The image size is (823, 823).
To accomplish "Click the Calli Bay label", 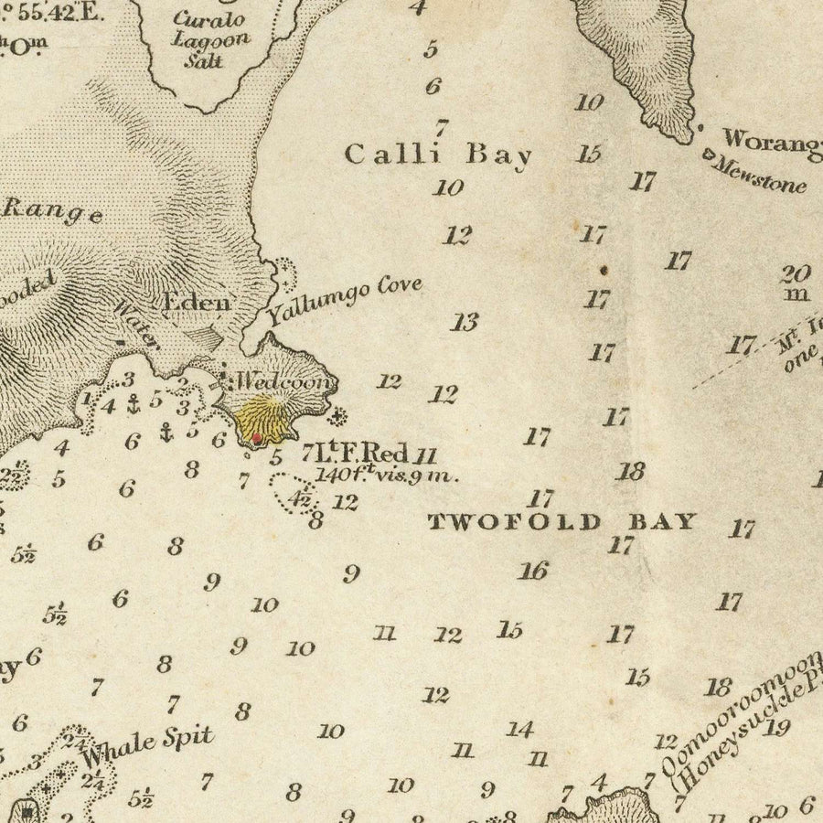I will [438, 155].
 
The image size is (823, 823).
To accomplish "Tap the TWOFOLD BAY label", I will [563, 522].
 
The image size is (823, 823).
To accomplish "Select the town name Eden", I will [197, 303].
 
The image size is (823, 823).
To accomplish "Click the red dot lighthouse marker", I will [257, 438].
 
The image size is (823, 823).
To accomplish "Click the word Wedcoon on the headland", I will [283, 381].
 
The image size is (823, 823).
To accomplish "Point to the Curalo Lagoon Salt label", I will [210, 41].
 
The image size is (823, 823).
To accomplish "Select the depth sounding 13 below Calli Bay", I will [465, 322].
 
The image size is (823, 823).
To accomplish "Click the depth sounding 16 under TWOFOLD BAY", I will [532, 572].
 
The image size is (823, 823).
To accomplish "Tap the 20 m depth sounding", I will [796, 282].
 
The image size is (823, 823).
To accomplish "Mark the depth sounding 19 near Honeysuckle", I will [777, 728].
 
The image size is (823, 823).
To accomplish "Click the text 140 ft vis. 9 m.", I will [386, 476].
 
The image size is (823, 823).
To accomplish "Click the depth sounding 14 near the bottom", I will [519, 729].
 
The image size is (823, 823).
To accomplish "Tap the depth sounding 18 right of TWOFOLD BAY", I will [630, 472].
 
